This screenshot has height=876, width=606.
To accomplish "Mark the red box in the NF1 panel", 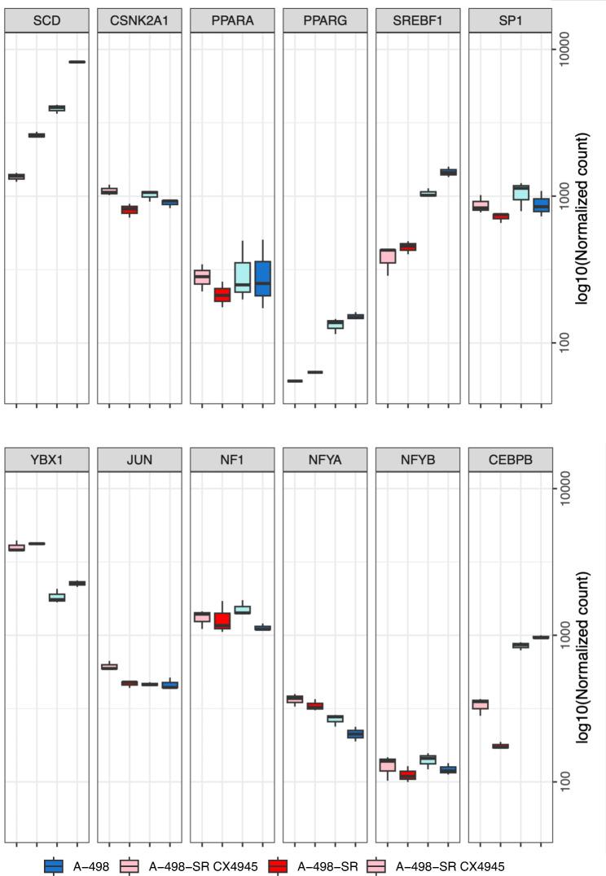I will coord(222,620).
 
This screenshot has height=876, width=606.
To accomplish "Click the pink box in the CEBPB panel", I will coord(481,704).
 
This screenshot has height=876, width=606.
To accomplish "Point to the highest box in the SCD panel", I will coord(77,62).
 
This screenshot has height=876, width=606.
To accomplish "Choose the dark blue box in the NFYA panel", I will coord(356,734).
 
